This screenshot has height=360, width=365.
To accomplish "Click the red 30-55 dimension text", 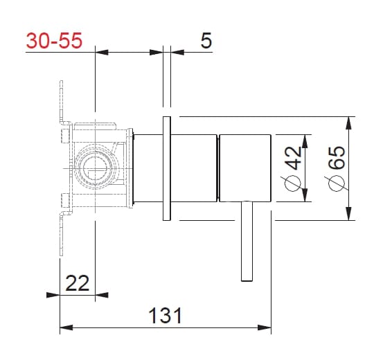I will click(54, 41).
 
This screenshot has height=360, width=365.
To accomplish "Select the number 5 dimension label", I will click(205, 41).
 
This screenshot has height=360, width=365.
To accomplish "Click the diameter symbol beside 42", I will click(292, 186).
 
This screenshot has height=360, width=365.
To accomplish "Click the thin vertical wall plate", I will click(166, 168).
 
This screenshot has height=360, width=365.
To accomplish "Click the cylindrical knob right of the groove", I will click(245, 168).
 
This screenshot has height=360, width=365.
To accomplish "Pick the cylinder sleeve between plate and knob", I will click(194, 168).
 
